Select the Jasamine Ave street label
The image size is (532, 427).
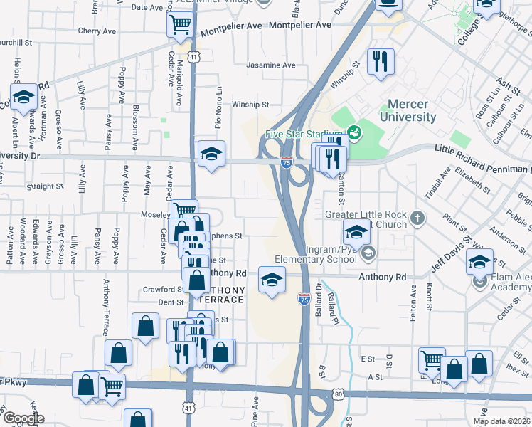[x=270, y=65]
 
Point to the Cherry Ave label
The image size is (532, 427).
[x=97, y=31]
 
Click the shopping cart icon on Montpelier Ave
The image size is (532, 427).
[x=180, y=25]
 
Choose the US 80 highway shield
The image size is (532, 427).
[x=338, y=394]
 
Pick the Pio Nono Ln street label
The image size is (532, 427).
[x=220, y=107]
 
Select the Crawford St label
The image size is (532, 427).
[x=162, y=290]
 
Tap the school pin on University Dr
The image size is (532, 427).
[x=211, y=154]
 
